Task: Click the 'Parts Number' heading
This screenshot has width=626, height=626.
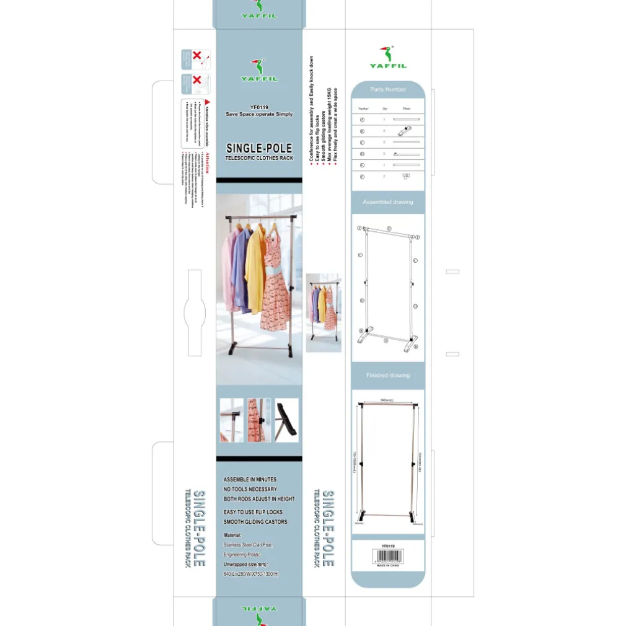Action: [388, 90]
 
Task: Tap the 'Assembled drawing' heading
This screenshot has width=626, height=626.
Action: [388, 202]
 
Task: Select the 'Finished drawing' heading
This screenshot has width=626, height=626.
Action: [388, 376]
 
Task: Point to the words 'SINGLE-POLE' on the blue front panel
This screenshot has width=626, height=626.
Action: [259, 149]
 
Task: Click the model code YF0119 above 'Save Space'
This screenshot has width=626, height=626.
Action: [259, 107]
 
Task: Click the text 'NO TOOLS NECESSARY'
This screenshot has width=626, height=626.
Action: [250, 489]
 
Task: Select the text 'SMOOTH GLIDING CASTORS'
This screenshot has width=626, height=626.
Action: [255, 522]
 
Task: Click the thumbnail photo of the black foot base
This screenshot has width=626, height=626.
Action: [286, 420]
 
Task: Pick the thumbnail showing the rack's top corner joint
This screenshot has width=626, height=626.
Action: [231, 420]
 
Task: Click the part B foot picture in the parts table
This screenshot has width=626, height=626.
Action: [406, 131]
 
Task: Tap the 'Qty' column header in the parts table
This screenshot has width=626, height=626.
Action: [385, 108]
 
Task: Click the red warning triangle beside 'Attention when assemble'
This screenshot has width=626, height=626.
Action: [208, 101]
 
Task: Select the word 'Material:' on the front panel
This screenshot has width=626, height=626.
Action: [233, 535]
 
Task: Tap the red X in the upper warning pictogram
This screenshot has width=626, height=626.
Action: [197, 56]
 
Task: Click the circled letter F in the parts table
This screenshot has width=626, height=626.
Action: [363, 177]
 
